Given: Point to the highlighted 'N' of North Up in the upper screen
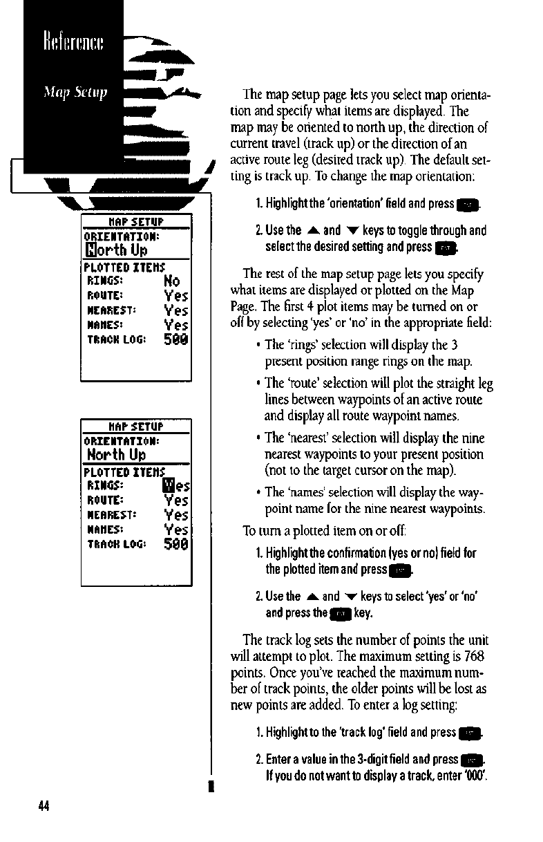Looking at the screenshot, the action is [90, 250].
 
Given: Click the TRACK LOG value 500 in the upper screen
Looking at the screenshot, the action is [176, 339].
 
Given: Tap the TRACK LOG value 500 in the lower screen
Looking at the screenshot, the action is [176, 544].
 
